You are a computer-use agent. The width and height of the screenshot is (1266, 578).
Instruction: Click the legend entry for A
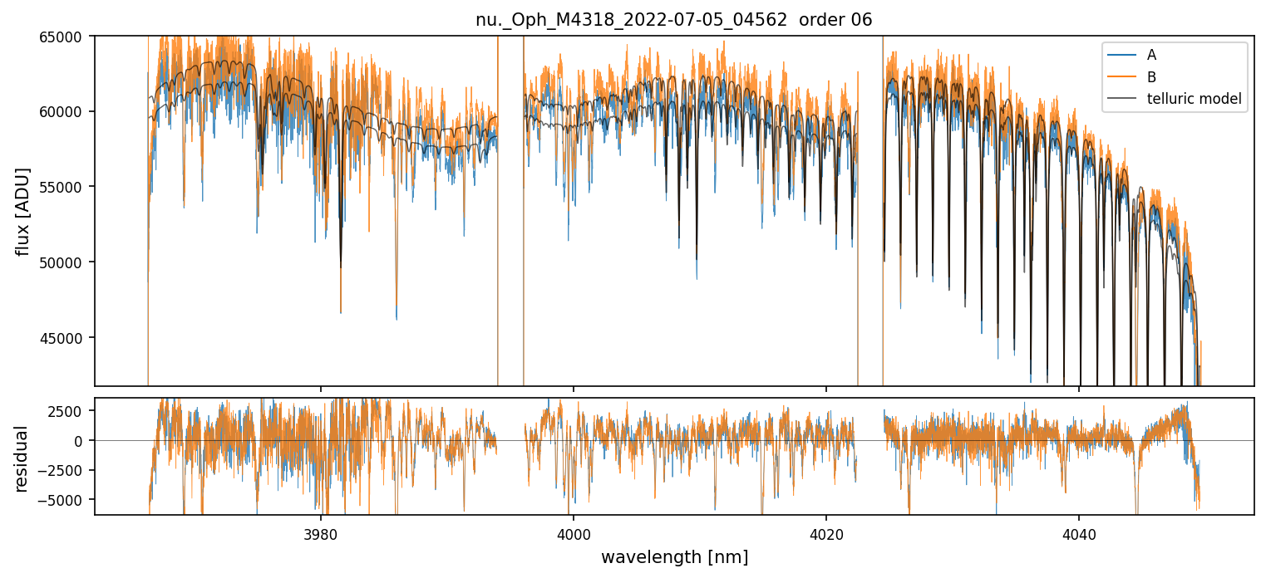point(1151,55)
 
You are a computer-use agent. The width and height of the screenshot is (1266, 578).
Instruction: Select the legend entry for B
point(1151,77)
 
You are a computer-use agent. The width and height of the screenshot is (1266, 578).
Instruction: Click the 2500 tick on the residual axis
point(71,411)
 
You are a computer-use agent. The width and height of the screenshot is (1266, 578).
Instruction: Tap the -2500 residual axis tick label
point(67,470)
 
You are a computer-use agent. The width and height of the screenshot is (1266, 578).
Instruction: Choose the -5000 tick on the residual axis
point(67,500)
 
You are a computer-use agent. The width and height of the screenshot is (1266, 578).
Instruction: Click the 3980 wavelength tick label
point(321,532)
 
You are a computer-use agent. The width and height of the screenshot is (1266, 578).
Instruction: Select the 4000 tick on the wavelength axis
point(574,532)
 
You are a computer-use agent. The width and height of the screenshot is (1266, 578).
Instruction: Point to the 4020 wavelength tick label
point(826,532)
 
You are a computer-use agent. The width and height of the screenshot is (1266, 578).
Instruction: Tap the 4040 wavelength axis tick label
point(1079,532)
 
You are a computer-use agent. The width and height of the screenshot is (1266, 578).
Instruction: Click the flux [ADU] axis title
point(23,211)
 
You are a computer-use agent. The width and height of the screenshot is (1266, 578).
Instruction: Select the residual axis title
point(23,458)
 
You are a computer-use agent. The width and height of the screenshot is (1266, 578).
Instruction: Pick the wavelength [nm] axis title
point(674,557)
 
